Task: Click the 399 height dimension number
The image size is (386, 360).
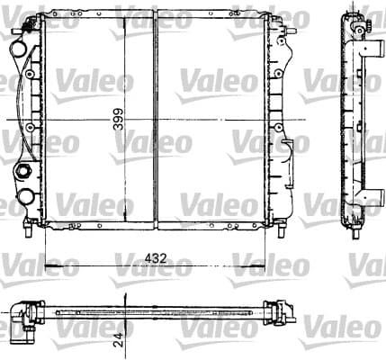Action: coord(119,119)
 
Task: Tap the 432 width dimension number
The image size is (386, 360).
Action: coord(156,258)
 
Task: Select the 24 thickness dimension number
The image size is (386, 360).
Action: coord(119,339)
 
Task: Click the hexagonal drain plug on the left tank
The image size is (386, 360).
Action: coord(22,171)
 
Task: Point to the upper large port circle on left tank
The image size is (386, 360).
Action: coord(19,49)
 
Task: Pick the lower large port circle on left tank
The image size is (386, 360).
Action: coord(26,196)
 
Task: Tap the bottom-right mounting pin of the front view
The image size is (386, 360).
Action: coord(281,230)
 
